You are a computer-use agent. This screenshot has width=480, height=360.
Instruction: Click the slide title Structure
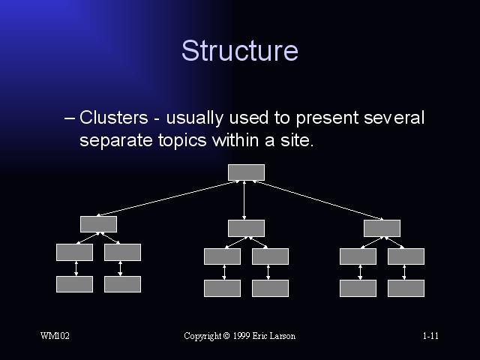pos(240,50)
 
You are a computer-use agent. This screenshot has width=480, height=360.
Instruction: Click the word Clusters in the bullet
pos(113,117)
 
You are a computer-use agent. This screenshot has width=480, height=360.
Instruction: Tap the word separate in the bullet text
pos(115,141)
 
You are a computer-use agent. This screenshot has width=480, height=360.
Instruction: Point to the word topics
pos(182,141)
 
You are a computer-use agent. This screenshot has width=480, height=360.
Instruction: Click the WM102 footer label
pos(55,336)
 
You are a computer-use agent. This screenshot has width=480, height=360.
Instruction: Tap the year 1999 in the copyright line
pos(241,336)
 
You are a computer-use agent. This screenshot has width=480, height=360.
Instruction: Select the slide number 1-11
pos(430,336)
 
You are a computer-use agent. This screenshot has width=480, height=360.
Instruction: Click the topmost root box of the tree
pos(247,172)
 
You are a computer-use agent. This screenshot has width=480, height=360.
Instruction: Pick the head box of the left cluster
pos(98,224)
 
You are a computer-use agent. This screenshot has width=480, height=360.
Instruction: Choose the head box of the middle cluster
pos(247,228)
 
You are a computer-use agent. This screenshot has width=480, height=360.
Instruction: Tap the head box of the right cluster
pos(382,228)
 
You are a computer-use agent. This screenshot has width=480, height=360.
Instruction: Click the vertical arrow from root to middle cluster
pos(244,200)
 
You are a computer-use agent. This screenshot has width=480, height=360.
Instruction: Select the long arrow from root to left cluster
pos(166,198)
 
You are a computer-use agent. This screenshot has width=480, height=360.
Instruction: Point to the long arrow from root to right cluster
pos(318,200)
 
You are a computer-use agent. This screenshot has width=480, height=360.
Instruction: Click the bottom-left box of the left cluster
pos(75,284)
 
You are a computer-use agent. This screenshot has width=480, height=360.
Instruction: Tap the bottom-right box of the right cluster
pos(406,288)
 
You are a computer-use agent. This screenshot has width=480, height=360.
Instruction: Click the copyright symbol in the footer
pos(226,336)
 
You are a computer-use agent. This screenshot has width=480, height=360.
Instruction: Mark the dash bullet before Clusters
pos(70,118)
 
